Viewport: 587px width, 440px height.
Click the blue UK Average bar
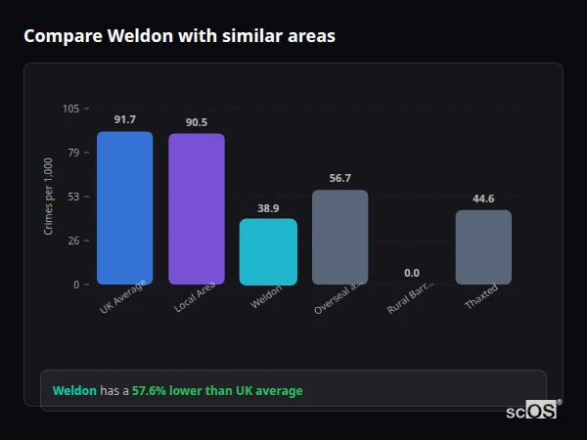124,208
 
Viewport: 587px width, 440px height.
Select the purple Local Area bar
197,209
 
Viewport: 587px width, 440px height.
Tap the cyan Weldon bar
268,251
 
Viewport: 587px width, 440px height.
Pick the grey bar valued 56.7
339,238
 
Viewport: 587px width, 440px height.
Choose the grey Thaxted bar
483,247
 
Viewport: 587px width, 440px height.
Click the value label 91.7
124,119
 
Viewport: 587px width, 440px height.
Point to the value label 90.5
197,122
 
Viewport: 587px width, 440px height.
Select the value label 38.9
268,208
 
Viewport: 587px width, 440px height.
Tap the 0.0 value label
412,273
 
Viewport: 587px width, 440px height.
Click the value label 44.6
483,198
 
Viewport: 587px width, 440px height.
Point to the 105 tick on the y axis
71,109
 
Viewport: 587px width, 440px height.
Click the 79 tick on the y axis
74,153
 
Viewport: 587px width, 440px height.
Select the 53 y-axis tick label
74,197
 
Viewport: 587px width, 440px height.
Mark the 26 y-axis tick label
74,241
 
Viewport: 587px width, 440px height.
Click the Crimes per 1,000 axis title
49,197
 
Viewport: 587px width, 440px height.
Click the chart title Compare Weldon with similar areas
179,36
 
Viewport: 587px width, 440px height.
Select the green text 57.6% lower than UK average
217,390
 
